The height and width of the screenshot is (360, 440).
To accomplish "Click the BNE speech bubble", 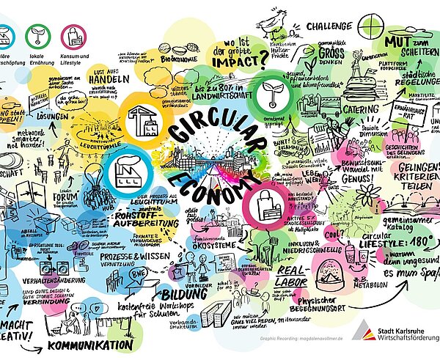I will [x=136, y=275].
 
